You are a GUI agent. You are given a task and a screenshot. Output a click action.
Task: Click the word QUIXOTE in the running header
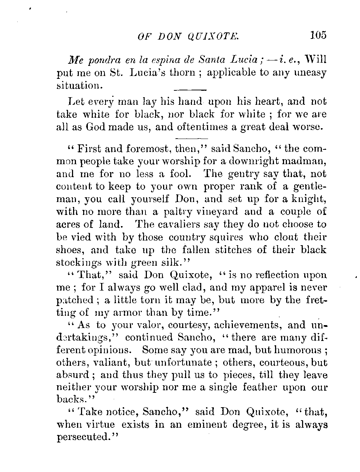coord(214,36)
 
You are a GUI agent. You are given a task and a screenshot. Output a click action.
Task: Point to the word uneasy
coord(310,73)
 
